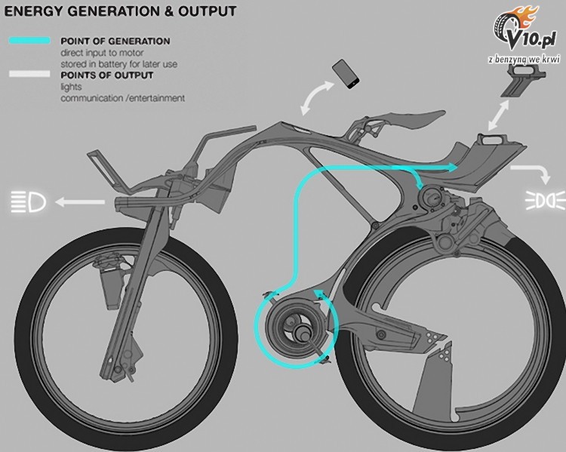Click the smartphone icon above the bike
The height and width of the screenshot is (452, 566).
pos(346,74)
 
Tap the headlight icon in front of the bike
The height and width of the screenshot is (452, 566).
pos(29,201)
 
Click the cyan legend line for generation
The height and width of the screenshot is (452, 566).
pos(29,41)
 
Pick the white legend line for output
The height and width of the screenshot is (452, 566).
pos(29,74)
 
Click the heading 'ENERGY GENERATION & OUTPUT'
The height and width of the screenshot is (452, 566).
pos(120,11)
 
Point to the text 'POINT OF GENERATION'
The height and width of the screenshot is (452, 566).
pos(115,41)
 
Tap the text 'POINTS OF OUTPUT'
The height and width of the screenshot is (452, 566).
pos(107,75)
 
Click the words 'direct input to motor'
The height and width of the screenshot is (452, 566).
pos(102,53)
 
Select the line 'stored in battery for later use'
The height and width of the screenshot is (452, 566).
pos(118,64)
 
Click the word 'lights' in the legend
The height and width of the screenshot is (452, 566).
pos(71,87)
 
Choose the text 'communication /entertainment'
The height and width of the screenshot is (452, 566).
pos(123,98)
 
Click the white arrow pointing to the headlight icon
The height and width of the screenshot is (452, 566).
pos(80,201)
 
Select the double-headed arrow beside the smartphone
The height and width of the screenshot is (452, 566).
pos(316,97)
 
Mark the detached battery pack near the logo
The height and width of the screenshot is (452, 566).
pos(523,82)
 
